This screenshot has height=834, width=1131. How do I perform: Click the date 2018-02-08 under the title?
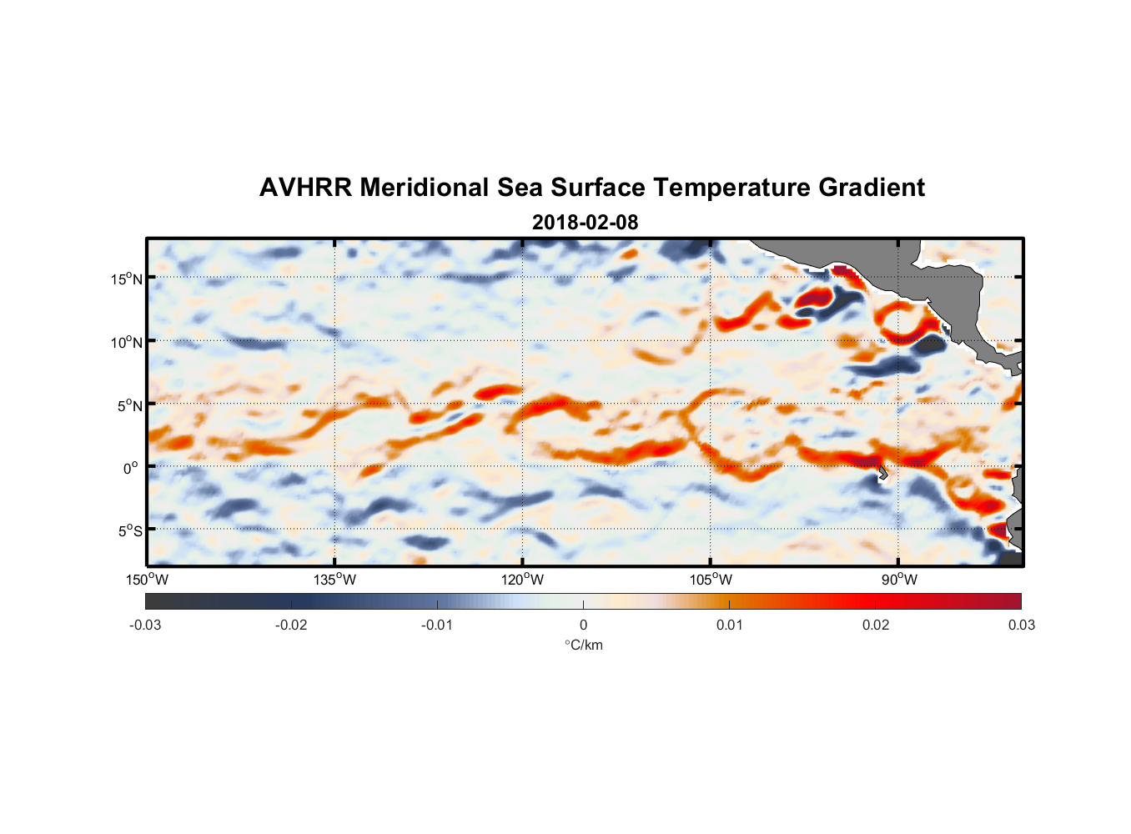[585, 222]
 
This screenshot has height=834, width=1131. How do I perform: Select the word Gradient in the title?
[872, 188]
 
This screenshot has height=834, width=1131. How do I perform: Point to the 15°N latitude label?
[127, 279]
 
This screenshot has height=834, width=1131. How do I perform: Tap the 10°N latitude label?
[127, 342]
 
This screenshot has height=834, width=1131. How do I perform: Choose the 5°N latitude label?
[130, 405]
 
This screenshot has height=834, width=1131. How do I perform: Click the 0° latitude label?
[131, 469]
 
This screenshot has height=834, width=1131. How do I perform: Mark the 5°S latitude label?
[130, 531]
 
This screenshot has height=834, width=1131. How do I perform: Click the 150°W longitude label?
[148, 580]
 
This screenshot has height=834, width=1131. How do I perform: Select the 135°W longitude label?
[335, 580]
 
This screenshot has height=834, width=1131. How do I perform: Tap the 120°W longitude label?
[523, 580]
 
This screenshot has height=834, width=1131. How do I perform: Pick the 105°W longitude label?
[711, 580]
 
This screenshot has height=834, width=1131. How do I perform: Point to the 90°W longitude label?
[899, 580]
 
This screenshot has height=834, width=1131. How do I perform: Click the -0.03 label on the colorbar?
[145, 625]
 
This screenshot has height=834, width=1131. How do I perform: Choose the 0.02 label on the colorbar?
[876, 625]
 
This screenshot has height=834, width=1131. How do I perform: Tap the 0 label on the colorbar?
[583, 625]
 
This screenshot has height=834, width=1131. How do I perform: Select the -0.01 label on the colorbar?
[437, 625]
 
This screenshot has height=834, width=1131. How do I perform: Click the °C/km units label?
[583, 645]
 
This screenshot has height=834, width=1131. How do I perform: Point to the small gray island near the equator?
[882, 473]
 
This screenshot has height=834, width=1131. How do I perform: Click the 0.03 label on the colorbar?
[1021, 625]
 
